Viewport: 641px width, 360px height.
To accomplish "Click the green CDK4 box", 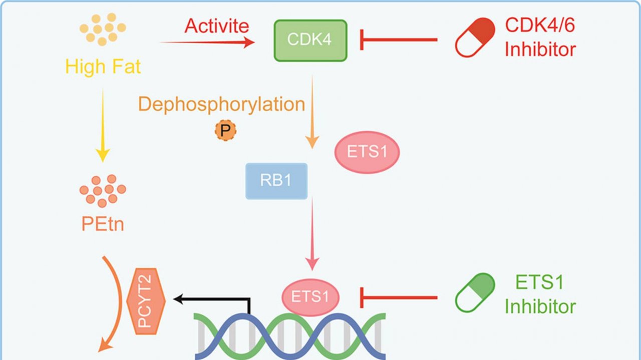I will coord(310,41).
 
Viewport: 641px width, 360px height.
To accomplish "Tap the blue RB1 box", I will coord(276,181).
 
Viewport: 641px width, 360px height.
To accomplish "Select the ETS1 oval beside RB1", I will coord(367,152).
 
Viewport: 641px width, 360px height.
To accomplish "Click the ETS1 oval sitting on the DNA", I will coord(310,296).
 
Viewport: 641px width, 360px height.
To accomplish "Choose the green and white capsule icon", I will coord(475,292).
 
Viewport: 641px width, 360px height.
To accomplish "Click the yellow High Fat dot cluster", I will coord(103,30).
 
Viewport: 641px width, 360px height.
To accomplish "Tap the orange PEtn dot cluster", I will coord(103,190).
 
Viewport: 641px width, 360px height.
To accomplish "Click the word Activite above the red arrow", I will coord(217,26).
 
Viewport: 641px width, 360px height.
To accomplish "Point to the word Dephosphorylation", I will coord(221,104).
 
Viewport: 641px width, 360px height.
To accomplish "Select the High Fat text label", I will coord(103,67).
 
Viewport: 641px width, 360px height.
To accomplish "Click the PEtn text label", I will coord(103,224).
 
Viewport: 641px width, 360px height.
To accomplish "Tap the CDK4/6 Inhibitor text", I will coord(540,37).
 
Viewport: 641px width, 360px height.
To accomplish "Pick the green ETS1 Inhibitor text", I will coord(540,294).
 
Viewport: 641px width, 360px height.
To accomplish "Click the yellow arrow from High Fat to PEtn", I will coord(103,125).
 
